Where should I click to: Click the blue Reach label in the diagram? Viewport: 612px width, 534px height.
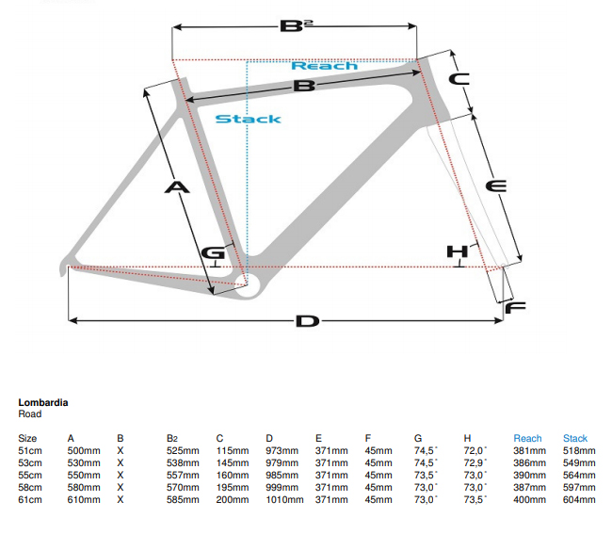324,66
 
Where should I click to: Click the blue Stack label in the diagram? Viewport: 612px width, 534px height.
248,119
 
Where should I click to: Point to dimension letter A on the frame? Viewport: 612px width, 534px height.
177,187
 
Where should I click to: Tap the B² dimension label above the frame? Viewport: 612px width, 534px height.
294,24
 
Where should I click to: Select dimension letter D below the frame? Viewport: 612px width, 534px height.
307,322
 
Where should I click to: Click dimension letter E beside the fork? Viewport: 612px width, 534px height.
495,186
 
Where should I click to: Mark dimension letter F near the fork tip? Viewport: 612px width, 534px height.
514,308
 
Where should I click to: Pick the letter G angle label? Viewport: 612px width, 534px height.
214,252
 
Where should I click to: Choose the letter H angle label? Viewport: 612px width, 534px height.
457,251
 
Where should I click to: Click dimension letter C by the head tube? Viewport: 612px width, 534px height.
459,80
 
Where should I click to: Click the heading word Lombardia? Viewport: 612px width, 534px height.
42,402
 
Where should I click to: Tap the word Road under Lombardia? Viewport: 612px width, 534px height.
29,413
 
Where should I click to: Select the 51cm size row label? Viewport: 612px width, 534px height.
29,451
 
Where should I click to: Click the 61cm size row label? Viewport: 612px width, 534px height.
29,499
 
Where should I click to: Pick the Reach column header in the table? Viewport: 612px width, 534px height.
527,439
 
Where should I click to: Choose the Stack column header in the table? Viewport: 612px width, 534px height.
575,439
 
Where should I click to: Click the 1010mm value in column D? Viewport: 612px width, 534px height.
284,499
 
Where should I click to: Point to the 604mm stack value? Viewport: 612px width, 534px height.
579,499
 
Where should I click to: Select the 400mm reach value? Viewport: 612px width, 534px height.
530,499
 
